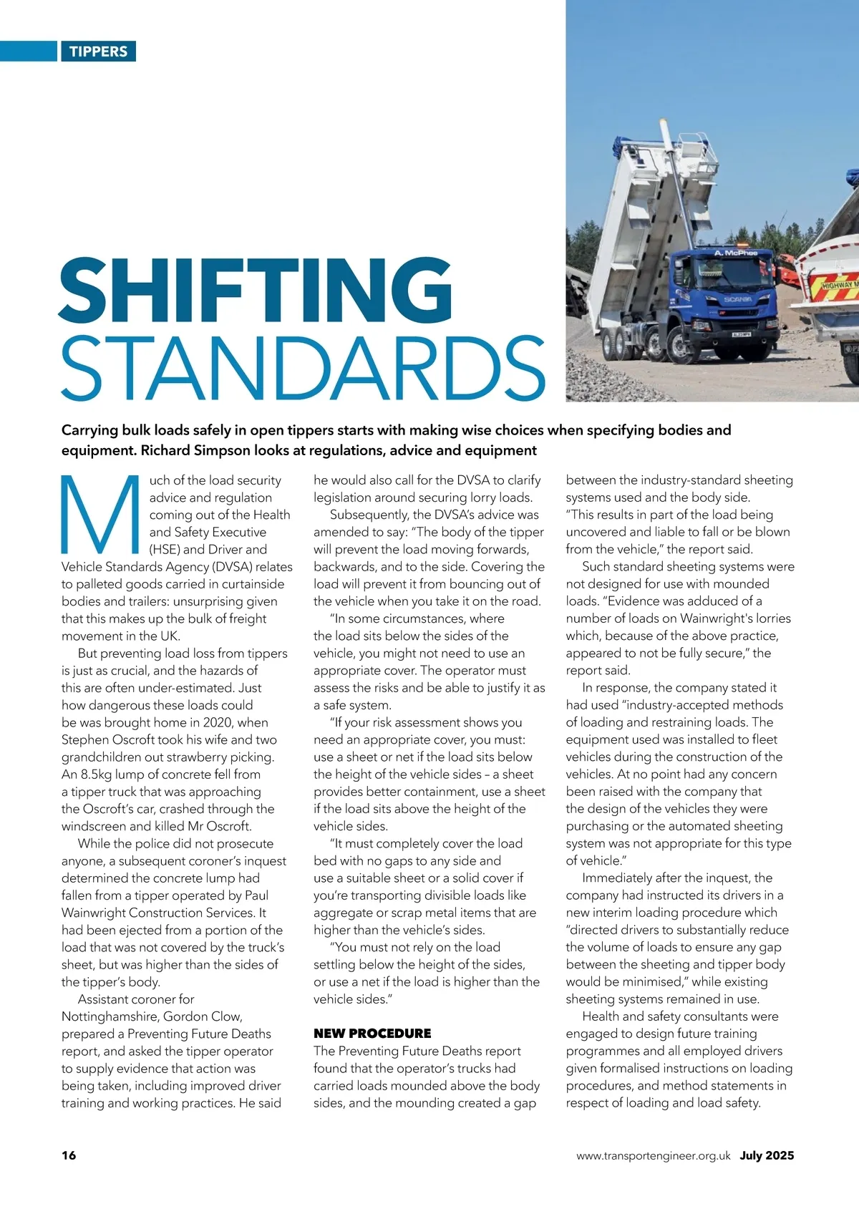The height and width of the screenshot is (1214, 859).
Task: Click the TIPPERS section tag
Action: coord(98,52)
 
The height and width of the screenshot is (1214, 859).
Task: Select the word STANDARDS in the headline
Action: coord(303,368)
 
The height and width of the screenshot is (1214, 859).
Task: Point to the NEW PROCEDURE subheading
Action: coord(372,1034)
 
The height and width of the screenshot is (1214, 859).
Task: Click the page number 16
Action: coord(69,1155)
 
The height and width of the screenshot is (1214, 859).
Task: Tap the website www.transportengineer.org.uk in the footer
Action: coord(653,1156)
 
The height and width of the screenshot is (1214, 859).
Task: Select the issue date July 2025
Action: coord(767,1155)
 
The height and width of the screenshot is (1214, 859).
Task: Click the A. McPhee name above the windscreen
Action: coord(735,253)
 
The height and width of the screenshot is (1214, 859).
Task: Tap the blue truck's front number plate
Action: coord(741,334)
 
